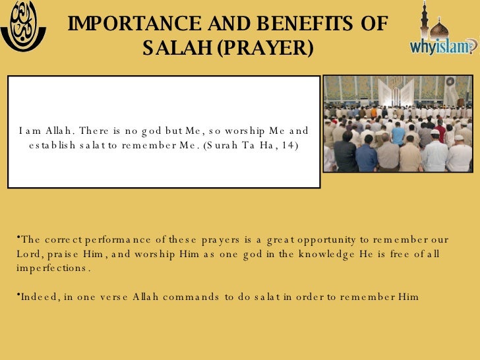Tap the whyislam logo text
pos(442,46)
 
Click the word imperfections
pos(51,268)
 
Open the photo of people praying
pos(398,124)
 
